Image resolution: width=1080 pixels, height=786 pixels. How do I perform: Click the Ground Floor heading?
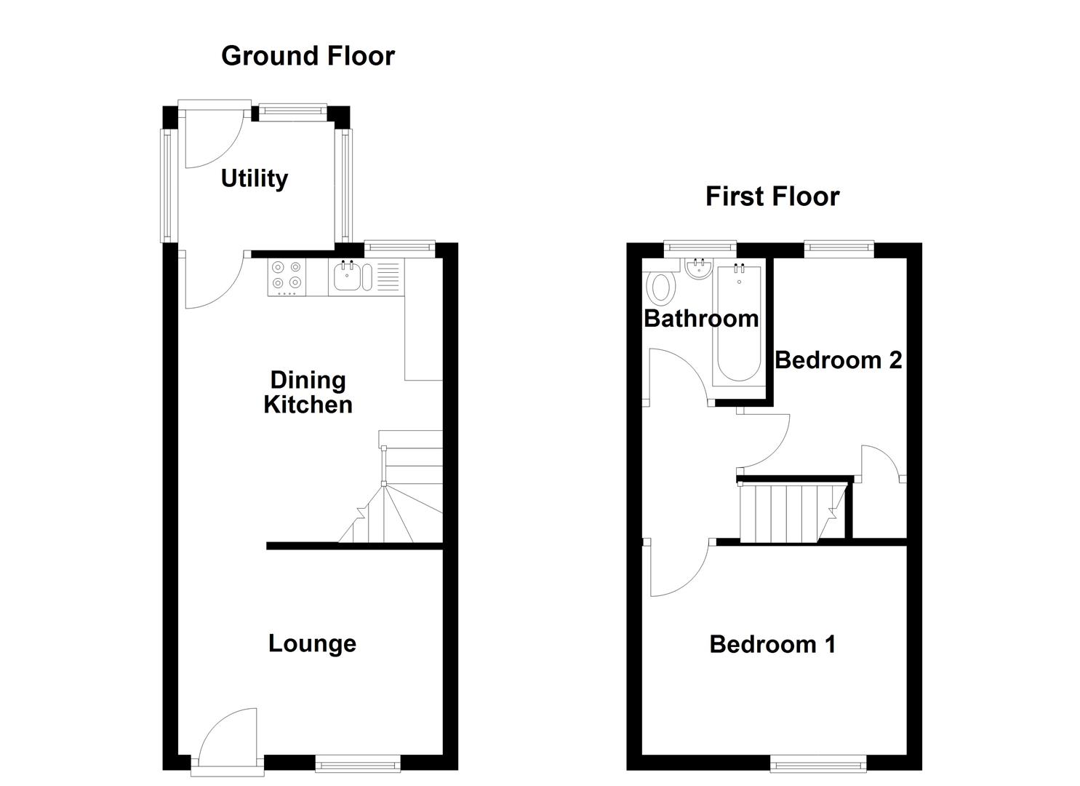click(308, 56)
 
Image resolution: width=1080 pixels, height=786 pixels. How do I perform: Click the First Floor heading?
click(772, 196)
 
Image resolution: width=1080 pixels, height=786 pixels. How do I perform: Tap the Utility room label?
click(254, 178)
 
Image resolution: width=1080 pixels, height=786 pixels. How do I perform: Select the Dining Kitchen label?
click(308, 392)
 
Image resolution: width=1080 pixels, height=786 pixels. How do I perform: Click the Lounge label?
click(312, 643)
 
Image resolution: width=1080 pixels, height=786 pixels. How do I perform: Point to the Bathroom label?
click(700, 318)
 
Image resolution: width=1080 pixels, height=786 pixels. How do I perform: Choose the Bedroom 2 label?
click(838, 360)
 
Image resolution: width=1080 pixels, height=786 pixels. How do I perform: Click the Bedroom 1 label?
click(772, 644)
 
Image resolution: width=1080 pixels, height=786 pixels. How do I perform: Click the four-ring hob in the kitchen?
click(287, 277)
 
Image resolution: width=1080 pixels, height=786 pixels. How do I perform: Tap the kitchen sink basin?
click(347, 277)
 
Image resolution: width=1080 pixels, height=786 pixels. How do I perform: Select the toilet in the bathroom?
click(660, 287)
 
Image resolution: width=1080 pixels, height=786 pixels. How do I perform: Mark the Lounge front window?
click(357, 763)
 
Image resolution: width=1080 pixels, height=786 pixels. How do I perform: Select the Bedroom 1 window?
click(817, 763)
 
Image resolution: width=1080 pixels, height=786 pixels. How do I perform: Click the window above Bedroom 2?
click(839, 249)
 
